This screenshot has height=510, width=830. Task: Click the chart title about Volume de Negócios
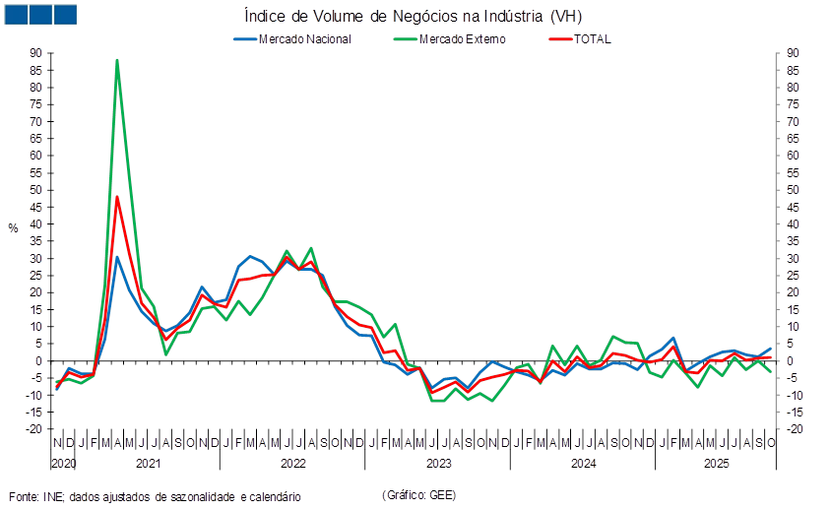(x=418, y=17)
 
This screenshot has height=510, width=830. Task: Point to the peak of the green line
(x=117, y=59)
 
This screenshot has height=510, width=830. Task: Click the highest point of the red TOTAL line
(x=117, y=196)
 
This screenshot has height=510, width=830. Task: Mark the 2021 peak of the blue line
(x=117, y=257)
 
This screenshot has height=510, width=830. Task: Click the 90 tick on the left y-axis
(x=35, y=53)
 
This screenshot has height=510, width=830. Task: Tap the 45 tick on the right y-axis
(x=793, y=207)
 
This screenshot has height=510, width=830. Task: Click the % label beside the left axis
(x=13, y=228)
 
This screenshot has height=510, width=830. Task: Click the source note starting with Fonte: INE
(x=154, y=497)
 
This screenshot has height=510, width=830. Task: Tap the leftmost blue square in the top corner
(x=17, y=14)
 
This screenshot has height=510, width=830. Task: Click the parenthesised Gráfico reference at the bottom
(x=418, y=494)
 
